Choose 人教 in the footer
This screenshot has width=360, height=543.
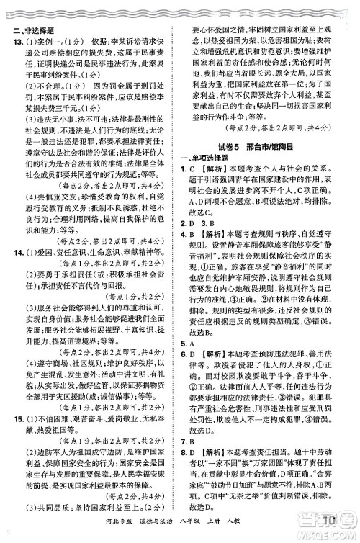click(242, 531)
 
